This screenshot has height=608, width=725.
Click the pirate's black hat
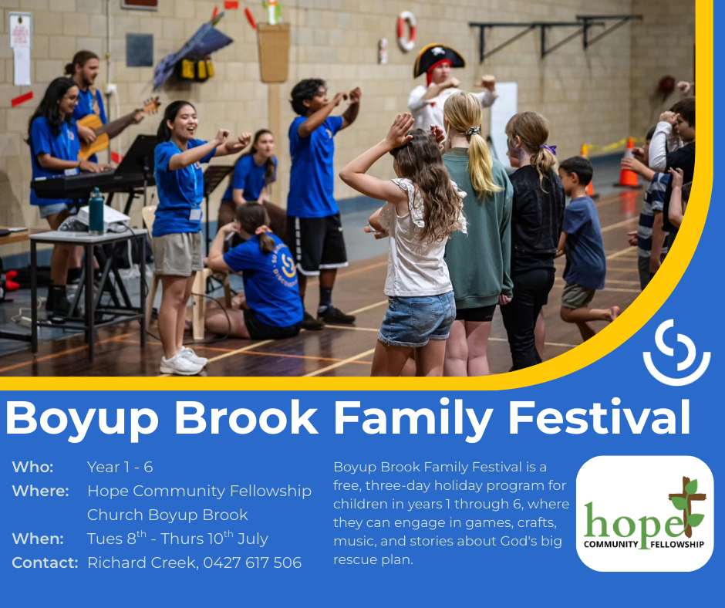(438, 58)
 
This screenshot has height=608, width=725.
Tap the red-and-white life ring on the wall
(407, 31)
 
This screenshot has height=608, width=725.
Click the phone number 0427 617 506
(252, 562)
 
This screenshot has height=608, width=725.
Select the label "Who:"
(33, 467)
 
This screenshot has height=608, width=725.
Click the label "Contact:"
(46, 562)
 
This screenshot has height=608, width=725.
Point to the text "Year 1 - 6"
(120, 467)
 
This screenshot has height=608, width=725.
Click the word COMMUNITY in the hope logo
(611, 544)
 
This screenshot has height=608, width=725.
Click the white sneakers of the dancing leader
(183, 361)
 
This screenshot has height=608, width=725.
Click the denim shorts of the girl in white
(417, 319)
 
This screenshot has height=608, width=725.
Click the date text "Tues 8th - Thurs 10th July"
(177, 538)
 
